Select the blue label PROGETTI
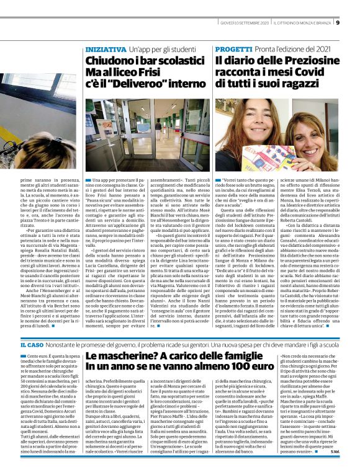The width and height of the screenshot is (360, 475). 232,48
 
